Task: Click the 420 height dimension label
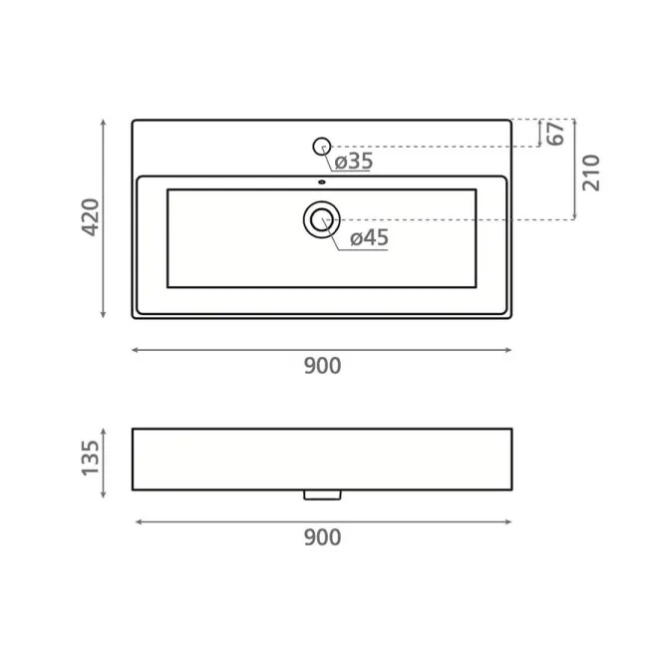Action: (91, 217)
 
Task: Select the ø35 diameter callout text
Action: (354, 162)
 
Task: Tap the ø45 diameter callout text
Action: (369, 237)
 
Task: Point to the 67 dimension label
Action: (556, 134)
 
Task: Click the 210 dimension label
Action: (591, 172)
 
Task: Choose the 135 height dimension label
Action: (90, 458)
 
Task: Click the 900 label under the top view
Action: (322, 366)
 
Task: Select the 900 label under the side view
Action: (322, 537)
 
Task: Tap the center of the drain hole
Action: (322, 219)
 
